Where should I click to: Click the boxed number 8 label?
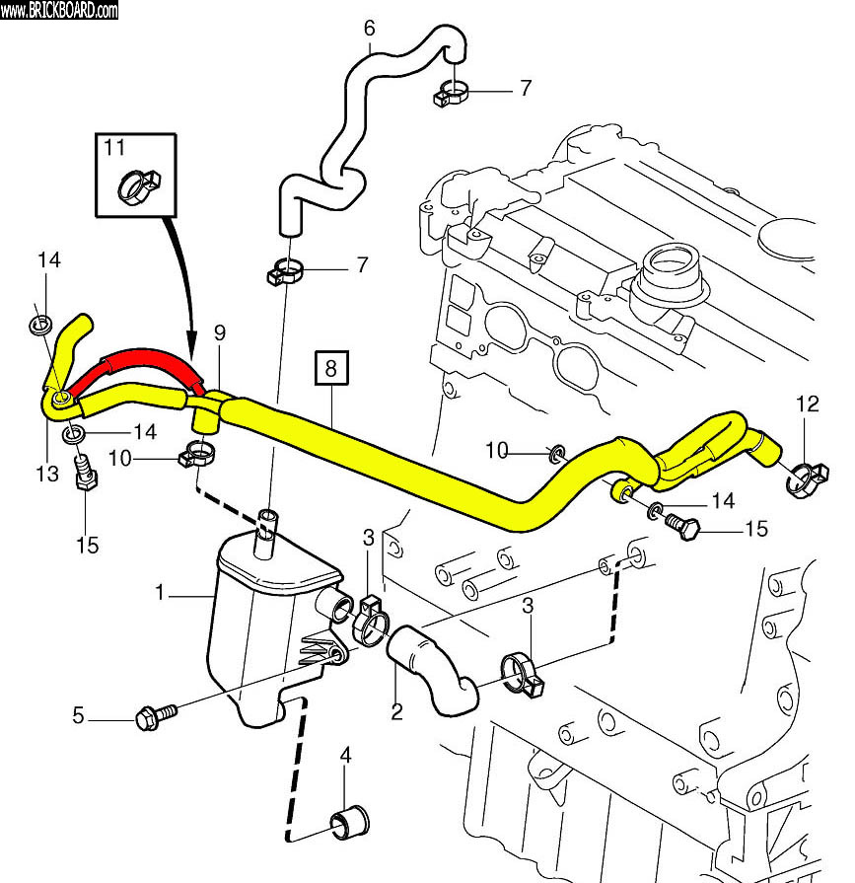click(330, 369)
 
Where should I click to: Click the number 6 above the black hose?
click(369, 29)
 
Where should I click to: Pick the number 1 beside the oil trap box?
click(160, 593)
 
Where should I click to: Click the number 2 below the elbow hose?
click(396, 711)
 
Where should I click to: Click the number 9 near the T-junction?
click(219, 332)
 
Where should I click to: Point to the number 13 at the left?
click(48, 476)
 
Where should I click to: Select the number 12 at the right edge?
click(808, 404)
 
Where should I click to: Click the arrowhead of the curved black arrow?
click(191, 346)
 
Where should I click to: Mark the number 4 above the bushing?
click(345, 758)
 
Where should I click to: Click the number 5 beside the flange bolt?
click(78, 714)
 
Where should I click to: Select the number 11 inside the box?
click(114, 149)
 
